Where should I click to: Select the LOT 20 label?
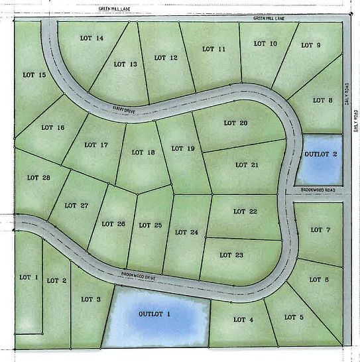click(x=235, y=123)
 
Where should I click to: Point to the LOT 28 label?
click(x=38, y=177)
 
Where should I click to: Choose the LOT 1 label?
click(x=29, y=276)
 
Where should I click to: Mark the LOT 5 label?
click(x=294, y=317)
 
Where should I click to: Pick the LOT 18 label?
click(x=143, y=152)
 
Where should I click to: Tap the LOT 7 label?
click(x=320, y=230)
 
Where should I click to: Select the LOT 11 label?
click(x=213, y=49)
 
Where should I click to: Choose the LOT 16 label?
click(x=52, y=127)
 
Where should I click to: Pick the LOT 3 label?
click(x=91, y=299)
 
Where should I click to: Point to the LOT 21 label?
click(x=246, y=164)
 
